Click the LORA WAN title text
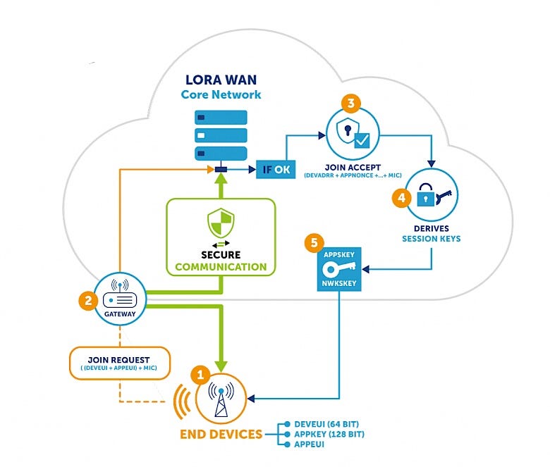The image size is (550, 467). tap(220, 79)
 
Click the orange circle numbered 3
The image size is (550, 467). tap(351, 104)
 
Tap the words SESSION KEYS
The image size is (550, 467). tap(431, 238)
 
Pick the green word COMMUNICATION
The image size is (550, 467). tap(221, 267)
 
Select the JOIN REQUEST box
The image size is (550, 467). tap(120, 363)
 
